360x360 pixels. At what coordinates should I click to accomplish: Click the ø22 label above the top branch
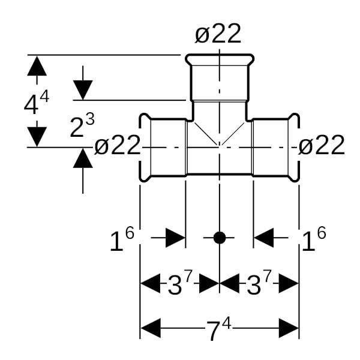pyautogui.click(x=218, y=34)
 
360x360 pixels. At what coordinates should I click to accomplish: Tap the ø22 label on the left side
pyautogui.click(x=118, y=146)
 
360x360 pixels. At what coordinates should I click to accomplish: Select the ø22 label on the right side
pyautogui.click(x=322, y=146)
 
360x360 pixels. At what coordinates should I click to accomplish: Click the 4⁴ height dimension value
pyautogui.click(x=35, y=103)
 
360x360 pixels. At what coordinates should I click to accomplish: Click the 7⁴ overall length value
pyautogui.click(x=218, y=330)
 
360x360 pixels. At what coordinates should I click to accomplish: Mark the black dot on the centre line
pyautogui.click(x=220, y=238)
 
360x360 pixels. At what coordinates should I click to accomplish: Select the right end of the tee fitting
pyautogui.click(x=296, y=147)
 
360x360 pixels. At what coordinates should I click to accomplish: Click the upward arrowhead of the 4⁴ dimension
pyautogui.click(x=37, y=65)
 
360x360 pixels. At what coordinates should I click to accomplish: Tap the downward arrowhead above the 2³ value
pyautogui.click(x=83, y=91)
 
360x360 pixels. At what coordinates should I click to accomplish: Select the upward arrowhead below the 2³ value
pyautogui.click(x=83, y=158)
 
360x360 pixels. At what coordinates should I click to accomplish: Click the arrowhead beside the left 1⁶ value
pyautogui.click(x=175, y=238)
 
